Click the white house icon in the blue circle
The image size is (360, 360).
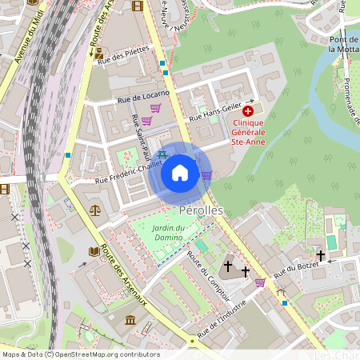coord(180,173)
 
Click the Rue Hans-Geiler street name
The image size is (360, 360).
coord(214,112)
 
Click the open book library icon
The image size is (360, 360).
coord(94,252)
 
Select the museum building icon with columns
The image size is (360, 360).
coord(130,320)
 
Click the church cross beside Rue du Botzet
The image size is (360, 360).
coord(320,256)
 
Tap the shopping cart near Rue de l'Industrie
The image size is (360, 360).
coord(260,282)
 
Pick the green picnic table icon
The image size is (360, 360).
coord(162,154)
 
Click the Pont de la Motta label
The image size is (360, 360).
coord(342,43)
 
